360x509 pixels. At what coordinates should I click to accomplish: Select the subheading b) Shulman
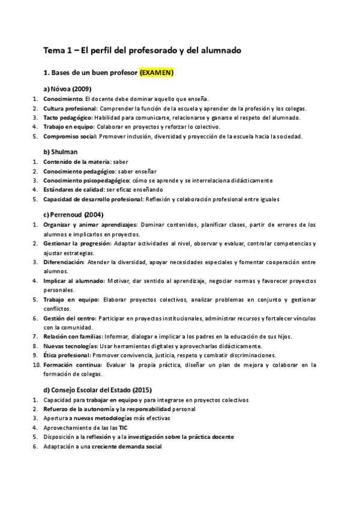coord(61,152)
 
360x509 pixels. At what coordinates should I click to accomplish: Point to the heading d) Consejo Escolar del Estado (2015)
coord(99,373)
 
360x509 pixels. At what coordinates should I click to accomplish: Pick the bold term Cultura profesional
coord(70,108)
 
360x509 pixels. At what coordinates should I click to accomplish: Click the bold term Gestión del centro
coord(69,318)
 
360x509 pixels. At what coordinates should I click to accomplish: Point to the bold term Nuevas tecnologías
coord(70,346)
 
